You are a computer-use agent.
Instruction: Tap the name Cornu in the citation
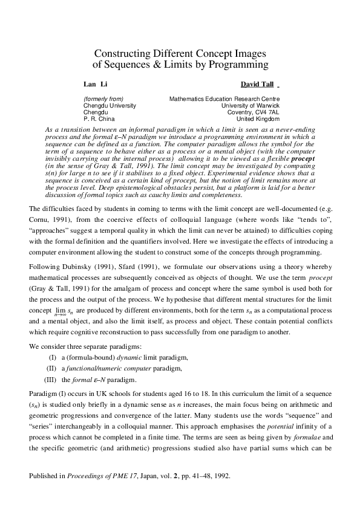click(x=40, y=220)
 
